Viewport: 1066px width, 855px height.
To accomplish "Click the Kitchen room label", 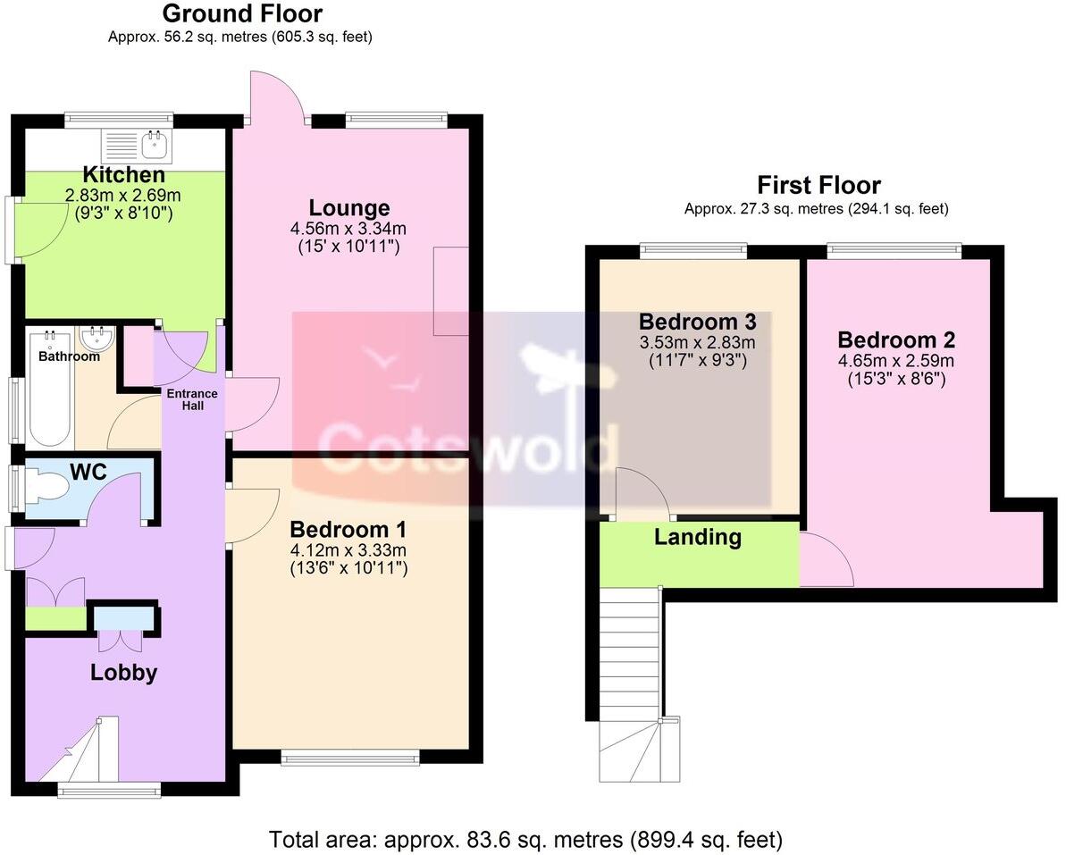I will pos(123,174).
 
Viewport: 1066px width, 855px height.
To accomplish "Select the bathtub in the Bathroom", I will pos(49,391).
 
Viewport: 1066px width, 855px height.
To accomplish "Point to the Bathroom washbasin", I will pos(96,339).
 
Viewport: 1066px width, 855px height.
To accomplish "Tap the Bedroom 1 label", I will pos(349,527).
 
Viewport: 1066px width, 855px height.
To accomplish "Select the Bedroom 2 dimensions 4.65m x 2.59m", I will pos(896,361).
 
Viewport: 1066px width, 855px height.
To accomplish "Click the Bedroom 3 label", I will pos(698,322).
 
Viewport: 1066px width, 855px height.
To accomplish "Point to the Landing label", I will pos(698,537).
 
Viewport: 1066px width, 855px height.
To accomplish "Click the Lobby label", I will pos(123,673).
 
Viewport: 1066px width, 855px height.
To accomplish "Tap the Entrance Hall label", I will pos(189,399).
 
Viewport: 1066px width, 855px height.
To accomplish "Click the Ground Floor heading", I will pos(241,14).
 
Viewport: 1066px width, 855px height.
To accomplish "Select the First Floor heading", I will pos(818,185).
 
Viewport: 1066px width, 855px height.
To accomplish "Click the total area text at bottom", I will pos(525,840).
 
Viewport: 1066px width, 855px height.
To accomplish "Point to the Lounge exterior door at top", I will pos(277,96).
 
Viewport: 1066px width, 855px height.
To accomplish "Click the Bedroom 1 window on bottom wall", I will pos(349,759).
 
